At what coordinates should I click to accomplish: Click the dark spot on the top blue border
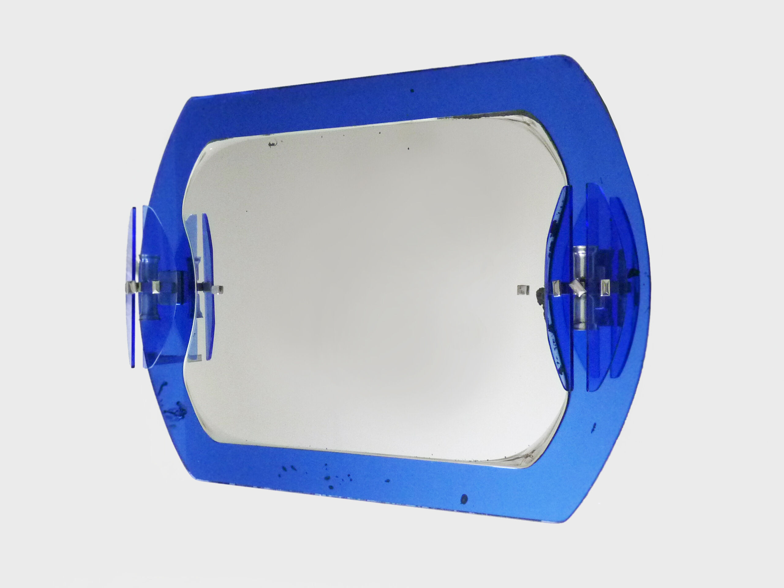click(x=412, y=91)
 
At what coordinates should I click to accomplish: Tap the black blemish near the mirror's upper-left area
click(x=272, y=144)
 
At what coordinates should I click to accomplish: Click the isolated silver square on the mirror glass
click(x=521, y=290)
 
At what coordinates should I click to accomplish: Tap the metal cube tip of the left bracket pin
click(x=220, y=289)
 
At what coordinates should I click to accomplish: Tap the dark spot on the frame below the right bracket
click(x=594, y=426)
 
